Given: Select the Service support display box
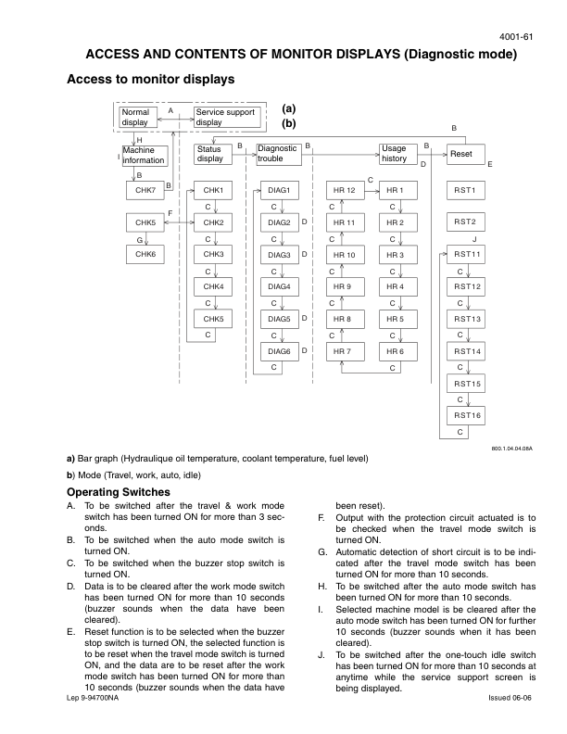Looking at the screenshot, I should coord(227,117).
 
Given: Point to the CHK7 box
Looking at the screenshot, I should coord(145,190).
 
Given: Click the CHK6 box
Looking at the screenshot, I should coord(145,254).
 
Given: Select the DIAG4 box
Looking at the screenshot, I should coord(279,286).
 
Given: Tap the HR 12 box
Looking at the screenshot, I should coord(344,190).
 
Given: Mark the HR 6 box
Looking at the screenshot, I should coord(396,351).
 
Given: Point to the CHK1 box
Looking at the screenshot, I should coord(214,190).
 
